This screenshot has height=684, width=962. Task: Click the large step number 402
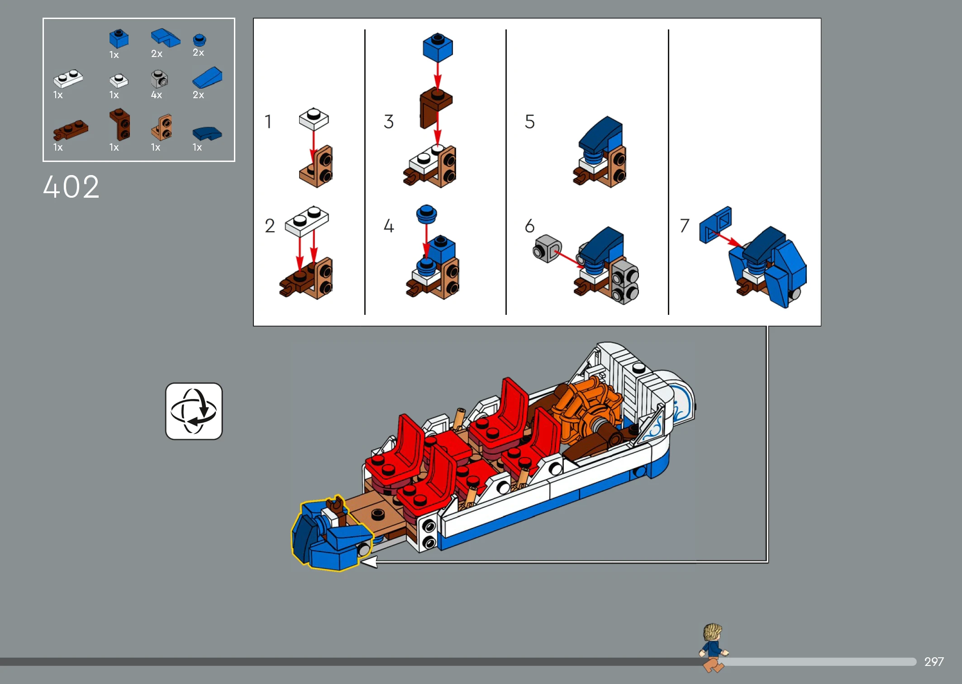[71, 187]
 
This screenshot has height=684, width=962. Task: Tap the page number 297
[934, 662]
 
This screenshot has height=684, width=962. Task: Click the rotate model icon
[194, 411]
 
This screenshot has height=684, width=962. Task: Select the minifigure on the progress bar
[714, 648]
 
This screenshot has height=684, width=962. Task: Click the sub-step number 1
[268, 122]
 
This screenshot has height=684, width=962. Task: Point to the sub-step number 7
[684, 225]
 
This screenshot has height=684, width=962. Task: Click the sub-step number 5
[530, 122]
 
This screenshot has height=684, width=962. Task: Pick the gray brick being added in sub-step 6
[547, 248]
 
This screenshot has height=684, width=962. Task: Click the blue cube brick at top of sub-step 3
[438, 47]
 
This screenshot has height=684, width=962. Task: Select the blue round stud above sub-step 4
[426, 214]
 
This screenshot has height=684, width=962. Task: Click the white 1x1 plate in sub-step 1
[314, 119]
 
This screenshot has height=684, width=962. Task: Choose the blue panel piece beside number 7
[715, 225]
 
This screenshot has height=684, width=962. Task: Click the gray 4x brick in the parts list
[159, 79]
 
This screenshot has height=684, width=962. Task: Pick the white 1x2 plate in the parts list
[68, 79]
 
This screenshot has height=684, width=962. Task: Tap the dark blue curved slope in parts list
[207, 133]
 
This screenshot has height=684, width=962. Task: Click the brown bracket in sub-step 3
[435, 109]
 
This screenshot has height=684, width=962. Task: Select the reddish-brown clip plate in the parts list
[71, 130]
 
